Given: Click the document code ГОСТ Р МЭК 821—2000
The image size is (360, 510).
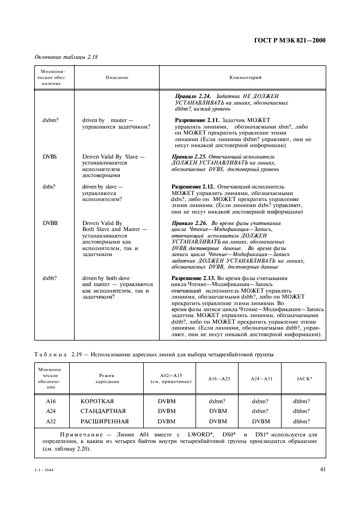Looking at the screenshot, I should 292,40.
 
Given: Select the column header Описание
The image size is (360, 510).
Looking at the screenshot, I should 117,78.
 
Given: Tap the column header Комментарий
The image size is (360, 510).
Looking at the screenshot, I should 246,78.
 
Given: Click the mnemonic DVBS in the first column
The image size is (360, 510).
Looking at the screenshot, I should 50,156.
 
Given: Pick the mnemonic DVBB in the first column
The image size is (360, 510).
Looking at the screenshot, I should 50,223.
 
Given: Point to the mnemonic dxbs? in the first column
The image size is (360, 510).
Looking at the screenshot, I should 50,186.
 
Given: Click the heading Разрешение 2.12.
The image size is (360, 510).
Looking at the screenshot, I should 194,186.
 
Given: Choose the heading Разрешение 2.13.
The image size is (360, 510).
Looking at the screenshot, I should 194,277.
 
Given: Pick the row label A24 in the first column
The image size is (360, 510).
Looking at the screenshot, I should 51,411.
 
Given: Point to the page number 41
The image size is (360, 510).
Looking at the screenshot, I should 322,467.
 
